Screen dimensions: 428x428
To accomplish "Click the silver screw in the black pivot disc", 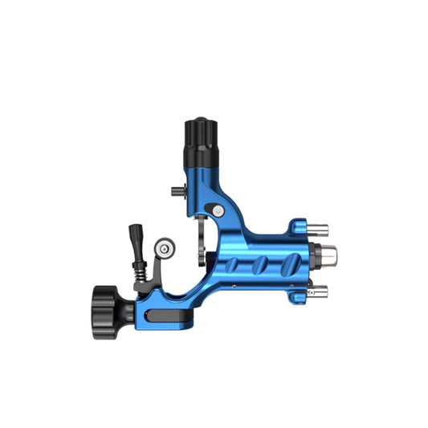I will (x=218, y=210).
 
